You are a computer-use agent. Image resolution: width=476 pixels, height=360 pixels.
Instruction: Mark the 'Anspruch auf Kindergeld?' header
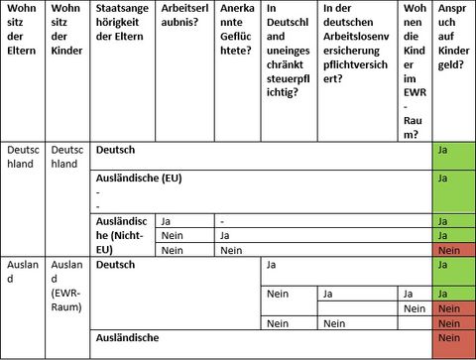click(453, 40)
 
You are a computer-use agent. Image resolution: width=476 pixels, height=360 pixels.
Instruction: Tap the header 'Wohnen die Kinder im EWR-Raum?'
click(416, 68)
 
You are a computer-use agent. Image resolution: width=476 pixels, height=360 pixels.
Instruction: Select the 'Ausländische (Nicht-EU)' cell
click(122, 235)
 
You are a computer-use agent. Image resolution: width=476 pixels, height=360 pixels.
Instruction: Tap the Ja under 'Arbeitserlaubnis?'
click(168, 221)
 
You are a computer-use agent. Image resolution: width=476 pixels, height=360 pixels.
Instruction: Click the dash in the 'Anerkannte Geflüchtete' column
click(224, 221)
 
